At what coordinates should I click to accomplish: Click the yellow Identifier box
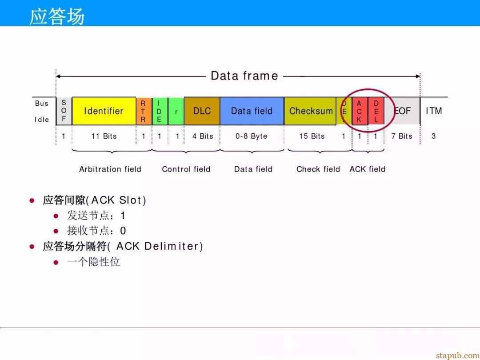[104, 111]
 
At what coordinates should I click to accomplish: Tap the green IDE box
[160, 111]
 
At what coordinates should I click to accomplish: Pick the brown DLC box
[202, 111]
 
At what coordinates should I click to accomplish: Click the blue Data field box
[252, 111]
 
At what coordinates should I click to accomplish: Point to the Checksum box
[310, 111]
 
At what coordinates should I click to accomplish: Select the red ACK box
[360, 111]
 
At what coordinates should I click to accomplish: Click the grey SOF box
[64, 111]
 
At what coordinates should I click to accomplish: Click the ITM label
[434, 111]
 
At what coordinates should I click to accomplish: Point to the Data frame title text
[244, 76]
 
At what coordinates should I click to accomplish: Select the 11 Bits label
[104, 136]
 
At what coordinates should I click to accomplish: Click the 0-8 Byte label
[251, 136]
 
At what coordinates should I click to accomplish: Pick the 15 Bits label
[312, 136]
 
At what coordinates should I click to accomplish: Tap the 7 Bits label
[402, 136]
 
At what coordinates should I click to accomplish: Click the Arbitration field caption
[110, 169]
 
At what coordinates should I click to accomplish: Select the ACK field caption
[368, 169]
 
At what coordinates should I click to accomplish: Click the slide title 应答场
[57, 16]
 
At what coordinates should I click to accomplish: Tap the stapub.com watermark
[458, 356]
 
